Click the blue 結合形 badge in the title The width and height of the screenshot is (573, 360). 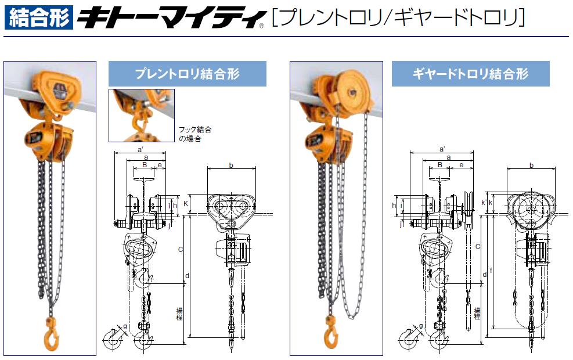(x=39, y=17)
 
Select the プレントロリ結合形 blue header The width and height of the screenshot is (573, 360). (x=187, y=74)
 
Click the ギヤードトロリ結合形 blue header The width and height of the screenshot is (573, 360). (x=470, y=74)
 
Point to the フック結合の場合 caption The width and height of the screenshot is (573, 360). (x=195, y=134)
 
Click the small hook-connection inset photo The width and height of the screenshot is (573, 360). (x=142, y=115)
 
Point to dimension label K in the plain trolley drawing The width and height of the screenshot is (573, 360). (x=186, y=203)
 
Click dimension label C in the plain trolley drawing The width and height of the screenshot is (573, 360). (x=180, y=250)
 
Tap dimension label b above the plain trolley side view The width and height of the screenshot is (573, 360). (x=231, y=165)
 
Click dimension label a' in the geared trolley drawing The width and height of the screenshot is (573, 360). (x=442, y=149)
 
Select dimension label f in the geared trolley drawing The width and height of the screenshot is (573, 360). (x=491, y=271)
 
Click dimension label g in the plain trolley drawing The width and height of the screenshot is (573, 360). (x=125, y=326)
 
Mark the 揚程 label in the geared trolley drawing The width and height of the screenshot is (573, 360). (x=477, y=314)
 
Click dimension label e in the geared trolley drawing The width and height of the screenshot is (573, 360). (x=461, y=165)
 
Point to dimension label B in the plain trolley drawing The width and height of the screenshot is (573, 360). (x=145, y=165)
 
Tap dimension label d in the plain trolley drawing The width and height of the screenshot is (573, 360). (x=187, y=276)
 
